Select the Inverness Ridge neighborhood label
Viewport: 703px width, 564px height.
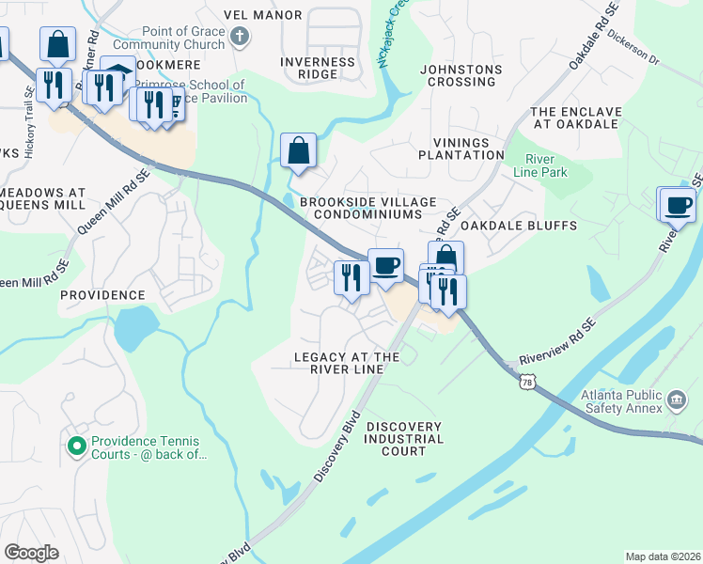(x=318, y=69)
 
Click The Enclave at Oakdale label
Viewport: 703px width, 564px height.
(x=576, y=117)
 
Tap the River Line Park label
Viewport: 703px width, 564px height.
(x=540, y=165)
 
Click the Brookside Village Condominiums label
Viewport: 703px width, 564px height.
(x=361, y=208)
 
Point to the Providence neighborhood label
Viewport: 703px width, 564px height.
(x=102, y=294)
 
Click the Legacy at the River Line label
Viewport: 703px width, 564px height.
(x=347, y=363)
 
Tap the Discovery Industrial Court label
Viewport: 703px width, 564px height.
(x=403, y=439)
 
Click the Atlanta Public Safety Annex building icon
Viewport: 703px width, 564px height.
(x=675, y=401)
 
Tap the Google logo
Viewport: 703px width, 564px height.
(x=31, y=553)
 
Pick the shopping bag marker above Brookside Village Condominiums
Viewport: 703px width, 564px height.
(x=298, y=150)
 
